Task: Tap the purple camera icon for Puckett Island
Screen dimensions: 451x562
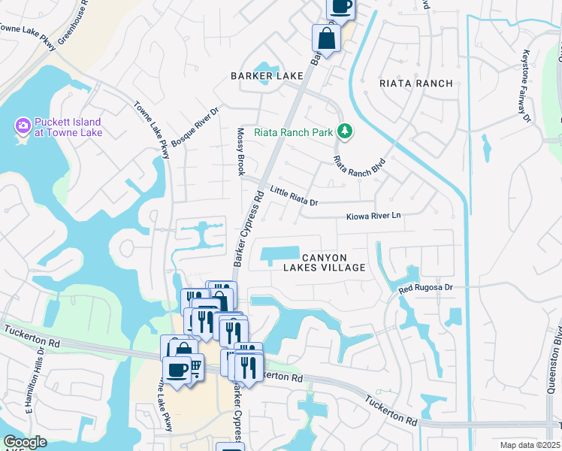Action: click(x=23, y=125)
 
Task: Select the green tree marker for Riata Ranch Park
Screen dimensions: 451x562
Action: click(x=345, y=132)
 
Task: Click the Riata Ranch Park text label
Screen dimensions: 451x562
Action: click(x=293, y=133)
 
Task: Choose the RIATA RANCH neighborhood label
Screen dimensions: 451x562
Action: click(x=416, y=83)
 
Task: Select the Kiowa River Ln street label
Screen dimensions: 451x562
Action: click(x=373, y=216)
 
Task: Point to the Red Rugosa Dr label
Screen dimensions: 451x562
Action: click(x=425, y=287)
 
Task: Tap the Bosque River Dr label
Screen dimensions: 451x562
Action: click(x=194, y=126)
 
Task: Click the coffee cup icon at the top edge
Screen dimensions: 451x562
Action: click(x=340, y=7)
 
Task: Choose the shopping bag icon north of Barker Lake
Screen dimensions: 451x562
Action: click(x=326, y=38)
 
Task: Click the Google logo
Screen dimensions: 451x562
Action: click(x=25, y=442)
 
